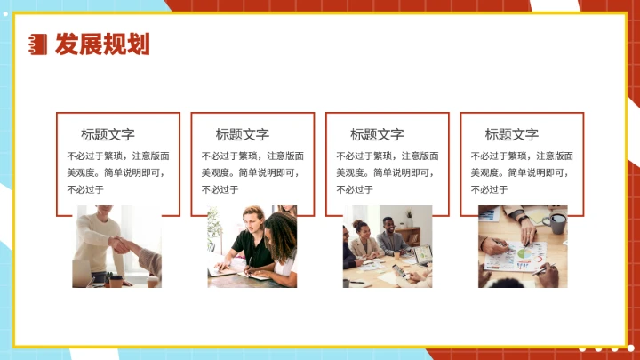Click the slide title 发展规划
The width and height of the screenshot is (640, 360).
[101, 44]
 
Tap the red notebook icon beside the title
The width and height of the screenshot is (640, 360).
[38, 44]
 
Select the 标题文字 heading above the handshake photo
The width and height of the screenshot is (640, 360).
[108, 134]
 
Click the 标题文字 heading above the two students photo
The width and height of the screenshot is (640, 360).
[242, 134]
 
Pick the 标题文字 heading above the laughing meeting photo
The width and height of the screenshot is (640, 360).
[377, 134]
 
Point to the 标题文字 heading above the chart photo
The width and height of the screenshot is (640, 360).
[511, 134]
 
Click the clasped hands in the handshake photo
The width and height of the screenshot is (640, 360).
[119, 244]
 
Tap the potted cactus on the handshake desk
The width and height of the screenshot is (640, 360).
[106, 275]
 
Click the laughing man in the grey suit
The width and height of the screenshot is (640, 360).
[389, 234]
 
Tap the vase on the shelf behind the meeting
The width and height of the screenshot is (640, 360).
[408, 216]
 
